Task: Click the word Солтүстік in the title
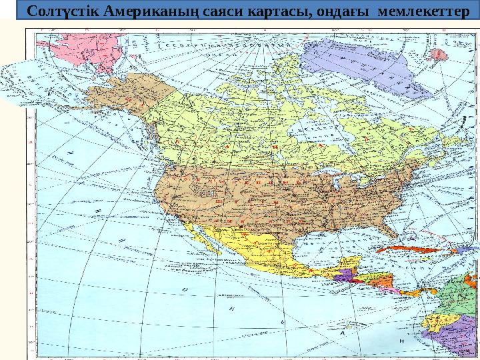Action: click(x=61, y=11)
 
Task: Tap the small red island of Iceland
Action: click(x=439, y=54)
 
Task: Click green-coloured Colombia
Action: click(x=460, y=293)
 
